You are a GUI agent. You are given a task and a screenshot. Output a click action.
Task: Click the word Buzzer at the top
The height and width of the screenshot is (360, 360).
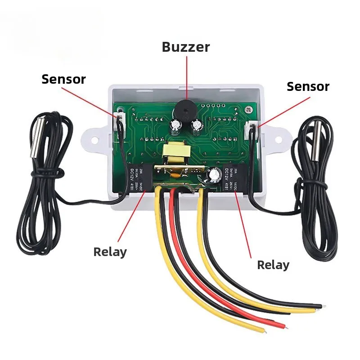pos(186,47)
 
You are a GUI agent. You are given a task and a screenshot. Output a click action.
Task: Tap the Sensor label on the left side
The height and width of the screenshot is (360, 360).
pos(63,79)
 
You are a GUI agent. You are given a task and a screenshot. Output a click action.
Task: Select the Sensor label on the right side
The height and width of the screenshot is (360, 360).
pos(308,86)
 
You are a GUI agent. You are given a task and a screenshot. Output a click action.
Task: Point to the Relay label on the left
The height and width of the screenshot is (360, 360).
pos(110,252)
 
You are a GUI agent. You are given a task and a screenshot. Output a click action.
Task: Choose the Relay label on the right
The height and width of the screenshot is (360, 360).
pos(273,265)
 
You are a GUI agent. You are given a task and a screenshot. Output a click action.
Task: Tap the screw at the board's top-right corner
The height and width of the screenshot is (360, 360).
pos(248,109)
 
